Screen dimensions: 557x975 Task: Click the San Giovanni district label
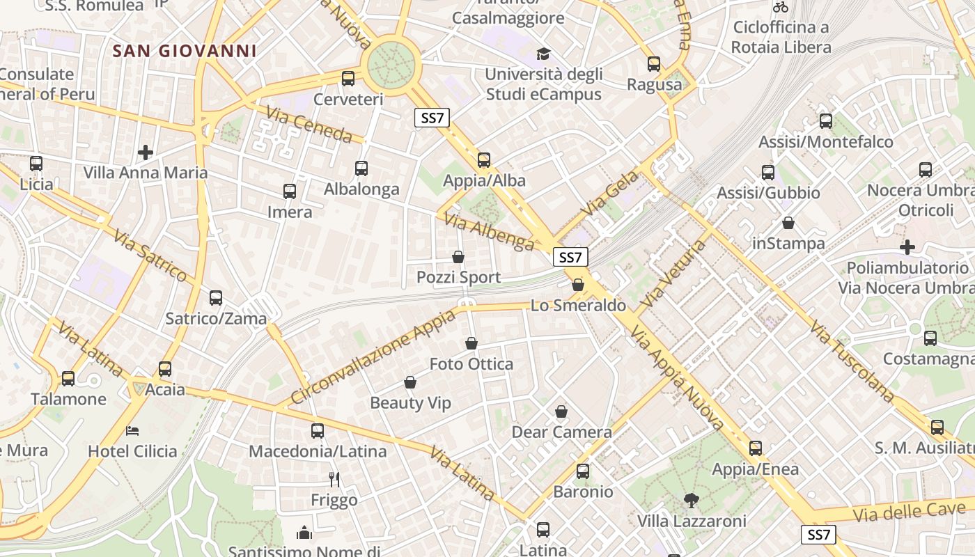click(x=185, y=51)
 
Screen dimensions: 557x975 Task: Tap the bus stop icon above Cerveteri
click(x=348, y=79)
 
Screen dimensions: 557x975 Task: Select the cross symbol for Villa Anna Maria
click(x=146, y=152)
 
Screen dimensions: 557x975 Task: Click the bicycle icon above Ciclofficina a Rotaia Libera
click(x=781, y=7)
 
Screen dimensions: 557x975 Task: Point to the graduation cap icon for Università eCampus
click(x=543, y=54)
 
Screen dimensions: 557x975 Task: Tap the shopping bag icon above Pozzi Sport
click(x=458, y=257)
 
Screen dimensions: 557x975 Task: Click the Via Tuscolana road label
click(x=852, y=361)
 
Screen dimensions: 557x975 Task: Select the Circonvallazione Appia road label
click(x=373, y=356)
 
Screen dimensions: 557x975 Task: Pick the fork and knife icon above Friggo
click(x=334, y=479)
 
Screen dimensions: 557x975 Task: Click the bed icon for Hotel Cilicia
click(x=132, y=430)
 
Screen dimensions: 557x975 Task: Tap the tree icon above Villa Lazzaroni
click(x=692, y=500)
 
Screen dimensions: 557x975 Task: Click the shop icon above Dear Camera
click(x=561, y=411)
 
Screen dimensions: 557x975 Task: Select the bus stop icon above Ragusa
click(x=654, y=64)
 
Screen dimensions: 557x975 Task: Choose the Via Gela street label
click(x=603, y=197)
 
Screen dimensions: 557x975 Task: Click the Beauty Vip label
click(x=410, y=403)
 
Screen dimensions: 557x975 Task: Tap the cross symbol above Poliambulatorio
click(x=907, y=247)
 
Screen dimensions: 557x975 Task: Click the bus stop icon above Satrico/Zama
click(x=216, y=298)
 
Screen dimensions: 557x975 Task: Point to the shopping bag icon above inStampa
click(x=788, y=223)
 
